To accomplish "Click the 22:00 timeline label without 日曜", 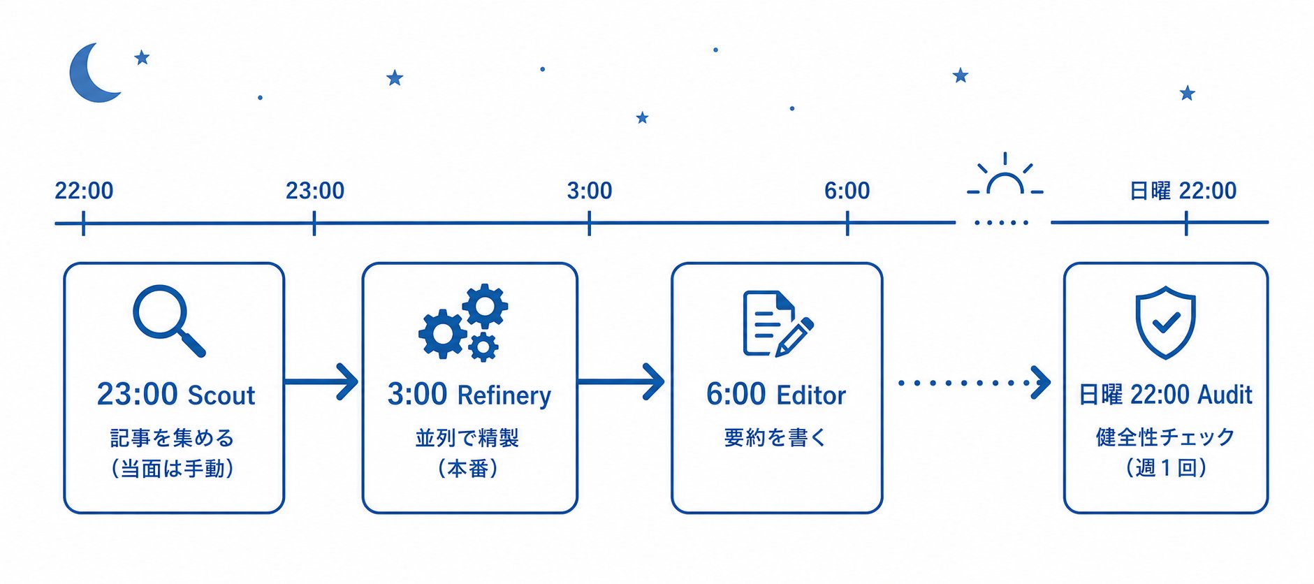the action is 84,190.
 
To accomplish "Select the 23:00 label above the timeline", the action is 315,190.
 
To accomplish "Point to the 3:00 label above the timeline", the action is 590,190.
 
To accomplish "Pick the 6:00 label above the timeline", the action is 847,190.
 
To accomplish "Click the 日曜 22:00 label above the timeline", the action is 1183,190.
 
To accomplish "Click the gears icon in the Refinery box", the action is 463,322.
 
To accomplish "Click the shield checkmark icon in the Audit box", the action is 1165,323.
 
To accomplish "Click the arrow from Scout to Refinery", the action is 321,381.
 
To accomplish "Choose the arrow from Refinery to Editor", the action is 621,381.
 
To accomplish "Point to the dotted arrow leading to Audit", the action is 974,382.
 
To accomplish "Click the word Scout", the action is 221,395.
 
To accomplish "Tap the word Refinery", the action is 504,396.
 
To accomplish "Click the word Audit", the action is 1225,395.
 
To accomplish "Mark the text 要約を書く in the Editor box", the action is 775,437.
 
